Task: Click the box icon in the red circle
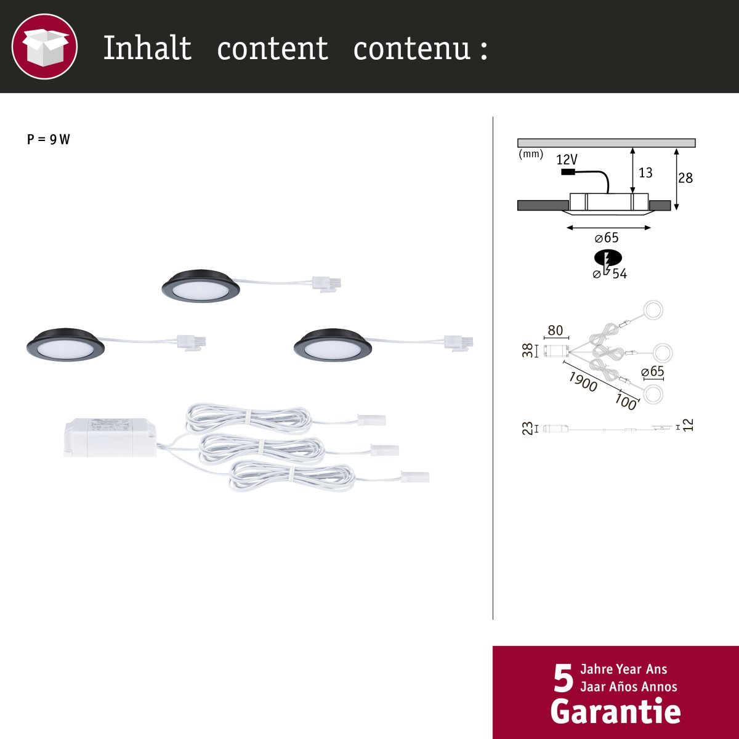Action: tap(44, 47)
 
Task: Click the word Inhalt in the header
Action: tap(148, 47)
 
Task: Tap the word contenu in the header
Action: tap(412, 48)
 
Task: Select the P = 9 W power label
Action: tap(48, 139)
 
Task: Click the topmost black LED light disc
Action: tap(201, 286)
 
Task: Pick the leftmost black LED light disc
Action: tap(65, 344)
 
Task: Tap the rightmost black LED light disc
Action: tap(333, 344)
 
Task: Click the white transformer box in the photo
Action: tap(110, 437)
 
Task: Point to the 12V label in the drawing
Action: tap(567, 159)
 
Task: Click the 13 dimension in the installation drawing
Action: tap(645, 173)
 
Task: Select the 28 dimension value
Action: tap(685, 178)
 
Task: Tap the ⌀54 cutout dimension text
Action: tap(610, 274)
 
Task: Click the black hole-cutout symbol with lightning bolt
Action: tap(608, 257)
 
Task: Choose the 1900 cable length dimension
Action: tap(583, 382)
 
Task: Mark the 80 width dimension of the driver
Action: tap(555, 330)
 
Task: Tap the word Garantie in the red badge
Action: tap(615, 711)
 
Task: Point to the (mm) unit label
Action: tap(531, 154)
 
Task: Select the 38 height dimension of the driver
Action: tap(528, 350)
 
